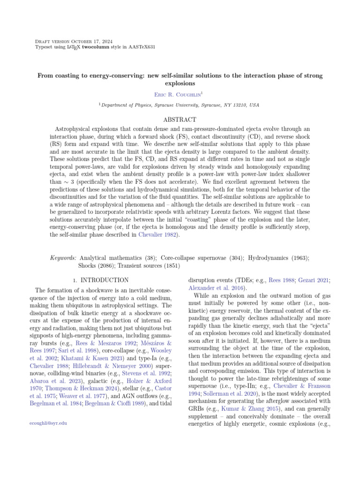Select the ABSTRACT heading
coord(180,120)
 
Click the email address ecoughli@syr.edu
coord(48,423)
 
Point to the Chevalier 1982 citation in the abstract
coord(157,234)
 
